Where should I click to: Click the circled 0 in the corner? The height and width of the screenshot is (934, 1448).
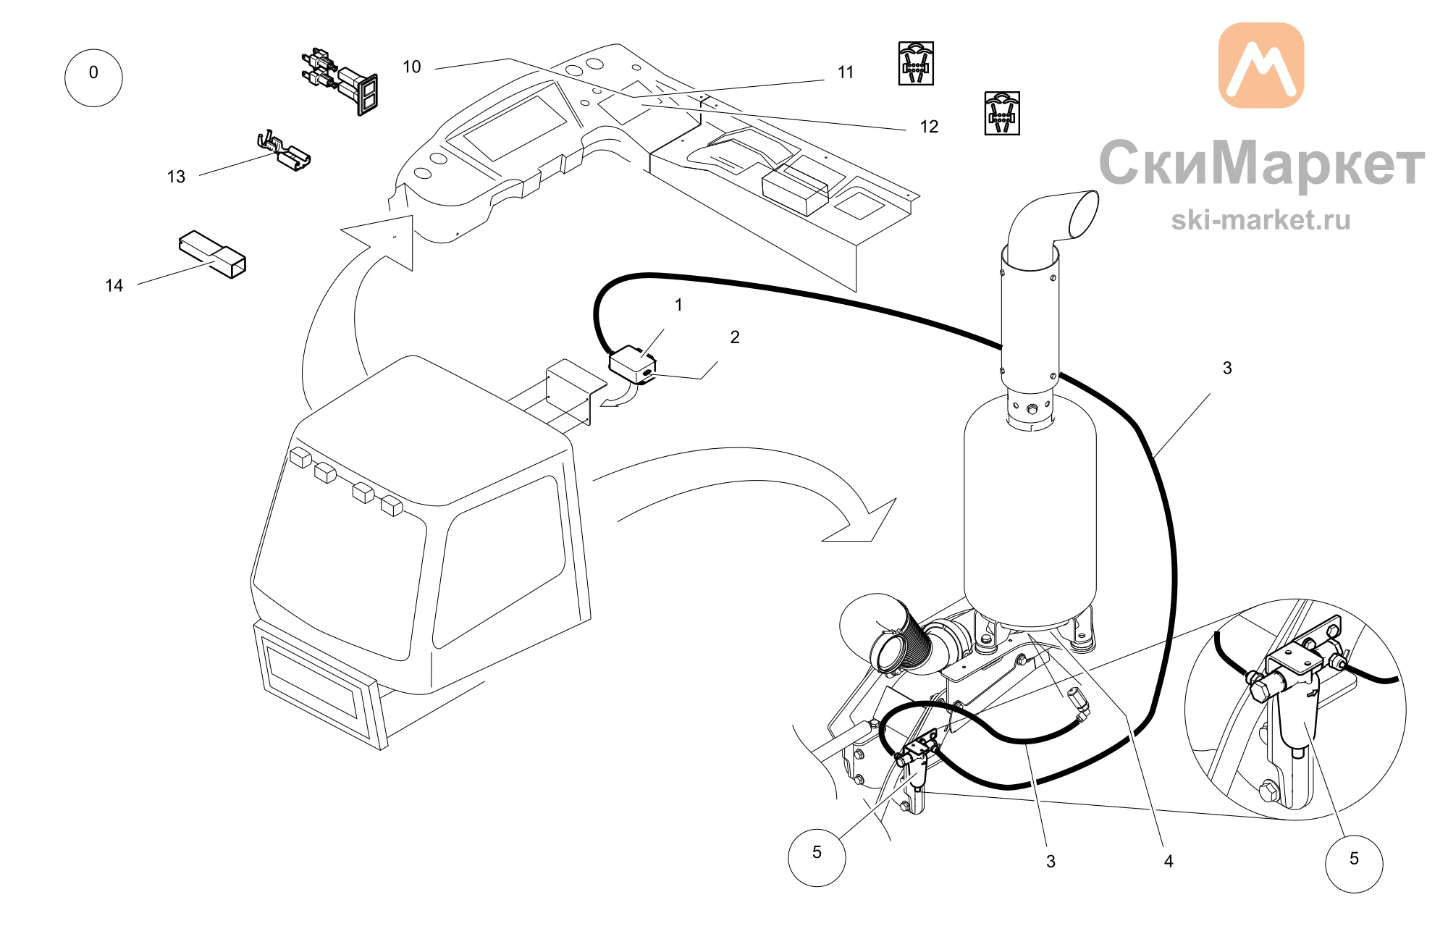click(x=93, y=78)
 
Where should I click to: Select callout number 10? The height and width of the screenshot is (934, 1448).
click(x=412, y=67)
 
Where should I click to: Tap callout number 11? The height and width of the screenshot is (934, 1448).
click(x=846, y=72)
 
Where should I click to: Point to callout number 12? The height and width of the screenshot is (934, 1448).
click(x=929, y=127)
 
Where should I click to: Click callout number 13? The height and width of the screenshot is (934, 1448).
click(x=176, y=177)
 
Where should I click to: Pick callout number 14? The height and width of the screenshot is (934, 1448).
click(x=114, y=285)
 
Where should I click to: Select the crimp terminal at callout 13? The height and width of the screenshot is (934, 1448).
click(x=284, y=151)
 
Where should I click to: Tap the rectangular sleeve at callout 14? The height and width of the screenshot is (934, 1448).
click(x=212, y=254)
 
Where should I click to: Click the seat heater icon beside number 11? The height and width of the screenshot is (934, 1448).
click(x=916, y=63)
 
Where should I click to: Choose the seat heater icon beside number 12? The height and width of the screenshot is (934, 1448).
click(x=1002, y=113)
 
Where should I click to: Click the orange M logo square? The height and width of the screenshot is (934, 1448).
click(x=1261, y=65)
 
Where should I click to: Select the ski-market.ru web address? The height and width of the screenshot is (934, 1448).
click(x=1260, y=220)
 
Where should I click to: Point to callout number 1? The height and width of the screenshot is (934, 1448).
click(x=678, y=305)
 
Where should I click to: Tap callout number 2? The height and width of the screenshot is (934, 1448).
click(x=735, y=337)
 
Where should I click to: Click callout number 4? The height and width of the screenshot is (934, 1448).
click(x=1169, y=861)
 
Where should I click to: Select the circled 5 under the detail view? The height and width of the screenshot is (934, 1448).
click(x=1354, y=864)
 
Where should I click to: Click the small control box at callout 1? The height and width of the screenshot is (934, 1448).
click(x=633, y=364)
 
